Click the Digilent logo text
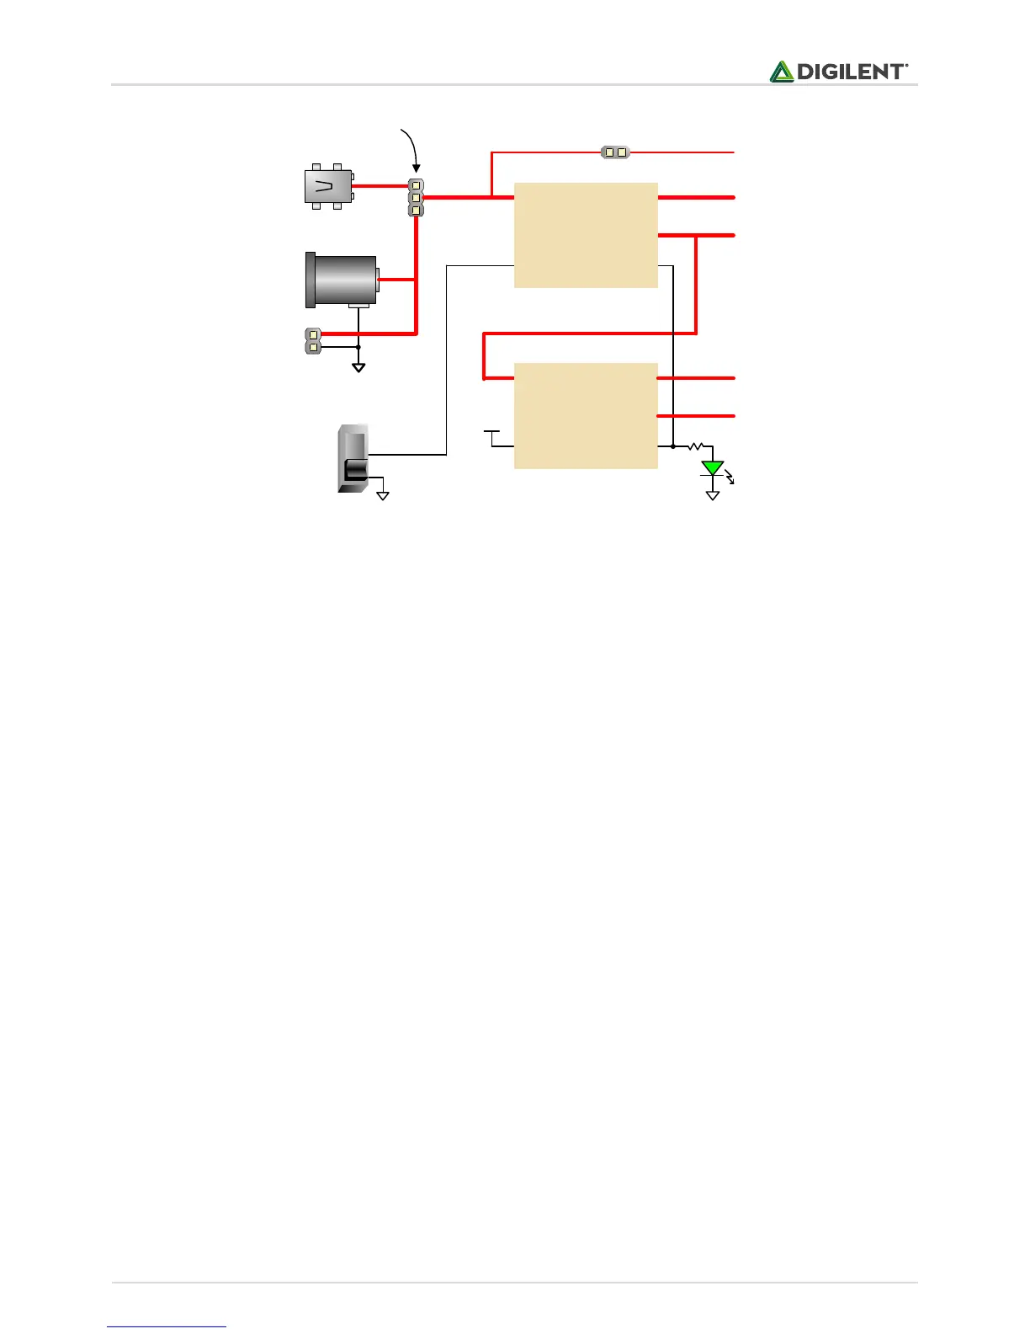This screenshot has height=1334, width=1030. pos(852,72)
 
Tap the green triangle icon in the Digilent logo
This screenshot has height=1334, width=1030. pos(782,72)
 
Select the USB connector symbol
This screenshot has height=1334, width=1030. pos(328,186)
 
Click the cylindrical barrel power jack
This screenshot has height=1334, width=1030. pos(342,280)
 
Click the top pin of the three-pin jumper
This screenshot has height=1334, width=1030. pos(416,185)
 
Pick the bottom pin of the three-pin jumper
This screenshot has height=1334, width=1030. pos(416,210)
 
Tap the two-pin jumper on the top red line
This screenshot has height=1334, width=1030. pos(615,152)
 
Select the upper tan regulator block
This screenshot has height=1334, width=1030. pos(586,235)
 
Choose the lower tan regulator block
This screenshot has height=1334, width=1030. pos(586,415)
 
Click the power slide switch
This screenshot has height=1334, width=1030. pos(353,459)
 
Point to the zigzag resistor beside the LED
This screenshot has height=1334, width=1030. pos(695,446)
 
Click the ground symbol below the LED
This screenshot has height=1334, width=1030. pos(713,496)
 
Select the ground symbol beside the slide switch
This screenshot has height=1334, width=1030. pos(383,496)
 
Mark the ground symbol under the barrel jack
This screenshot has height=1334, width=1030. pos(358,367)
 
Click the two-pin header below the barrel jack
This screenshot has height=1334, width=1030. pos(313,340)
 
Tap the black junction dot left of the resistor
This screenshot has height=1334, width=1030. pos(673,446)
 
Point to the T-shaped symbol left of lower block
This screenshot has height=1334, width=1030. pos(492,433)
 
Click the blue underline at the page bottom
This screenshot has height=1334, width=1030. pos(167,1327)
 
